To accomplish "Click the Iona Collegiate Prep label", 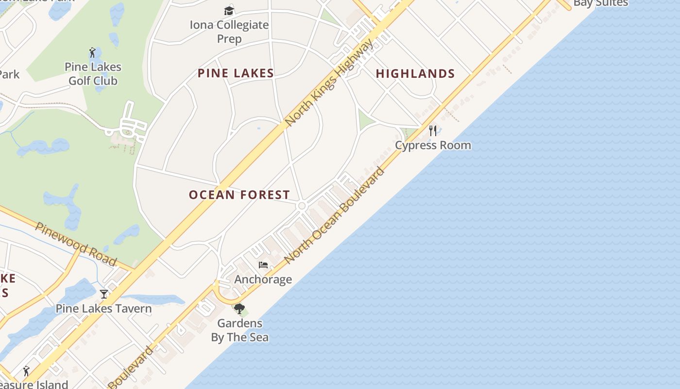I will click(229, 32).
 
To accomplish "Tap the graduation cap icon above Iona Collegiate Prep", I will click(229, 11).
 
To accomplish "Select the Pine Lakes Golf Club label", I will click(93, 73).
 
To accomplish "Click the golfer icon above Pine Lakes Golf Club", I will click(92, 53).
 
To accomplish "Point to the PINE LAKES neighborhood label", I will click(236, 73).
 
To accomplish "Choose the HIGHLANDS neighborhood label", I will click(415, 73).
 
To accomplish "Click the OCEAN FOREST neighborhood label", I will click(239, 195).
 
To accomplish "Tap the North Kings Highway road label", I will click(330, 83).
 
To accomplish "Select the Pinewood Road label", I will click(76, 244).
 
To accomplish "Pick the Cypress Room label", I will click(433, 145).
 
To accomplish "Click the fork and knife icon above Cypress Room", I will click(433, 130).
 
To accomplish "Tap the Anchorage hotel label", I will click(263, 280).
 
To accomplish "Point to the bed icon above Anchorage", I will click(263, 265).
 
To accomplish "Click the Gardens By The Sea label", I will click(239, 330).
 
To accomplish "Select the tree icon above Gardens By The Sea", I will click(239, 308).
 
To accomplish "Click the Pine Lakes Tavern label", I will click(103, 309).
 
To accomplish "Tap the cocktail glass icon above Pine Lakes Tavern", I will click(104, 294).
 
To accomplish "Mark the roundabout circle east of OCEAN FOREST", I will click(302, 206).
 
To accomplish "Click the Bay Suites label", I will click(600, 3).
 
